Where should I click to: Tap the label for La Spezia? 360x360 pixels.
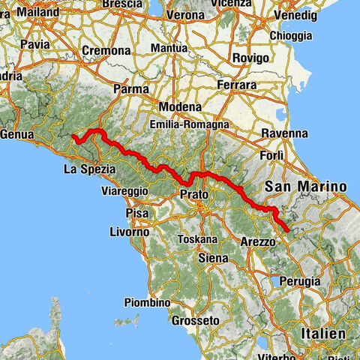[88, 169]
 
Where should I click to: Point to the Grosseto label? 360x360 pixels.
[194, 319]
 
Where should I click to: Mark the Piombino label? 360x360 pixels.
[147, 302]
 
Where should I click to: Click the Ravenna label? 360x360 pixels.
[284, 133]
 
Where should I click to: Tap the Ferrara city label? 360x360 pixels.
[238, 85]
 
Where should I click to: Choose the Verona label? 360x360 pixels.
[184, 15]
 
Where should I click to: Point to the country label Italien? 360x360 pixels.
[320, 333]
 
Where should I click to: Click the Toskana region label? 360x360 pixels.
[198, 239]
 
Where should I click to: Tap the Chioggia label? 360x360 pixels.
[291, 35]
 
